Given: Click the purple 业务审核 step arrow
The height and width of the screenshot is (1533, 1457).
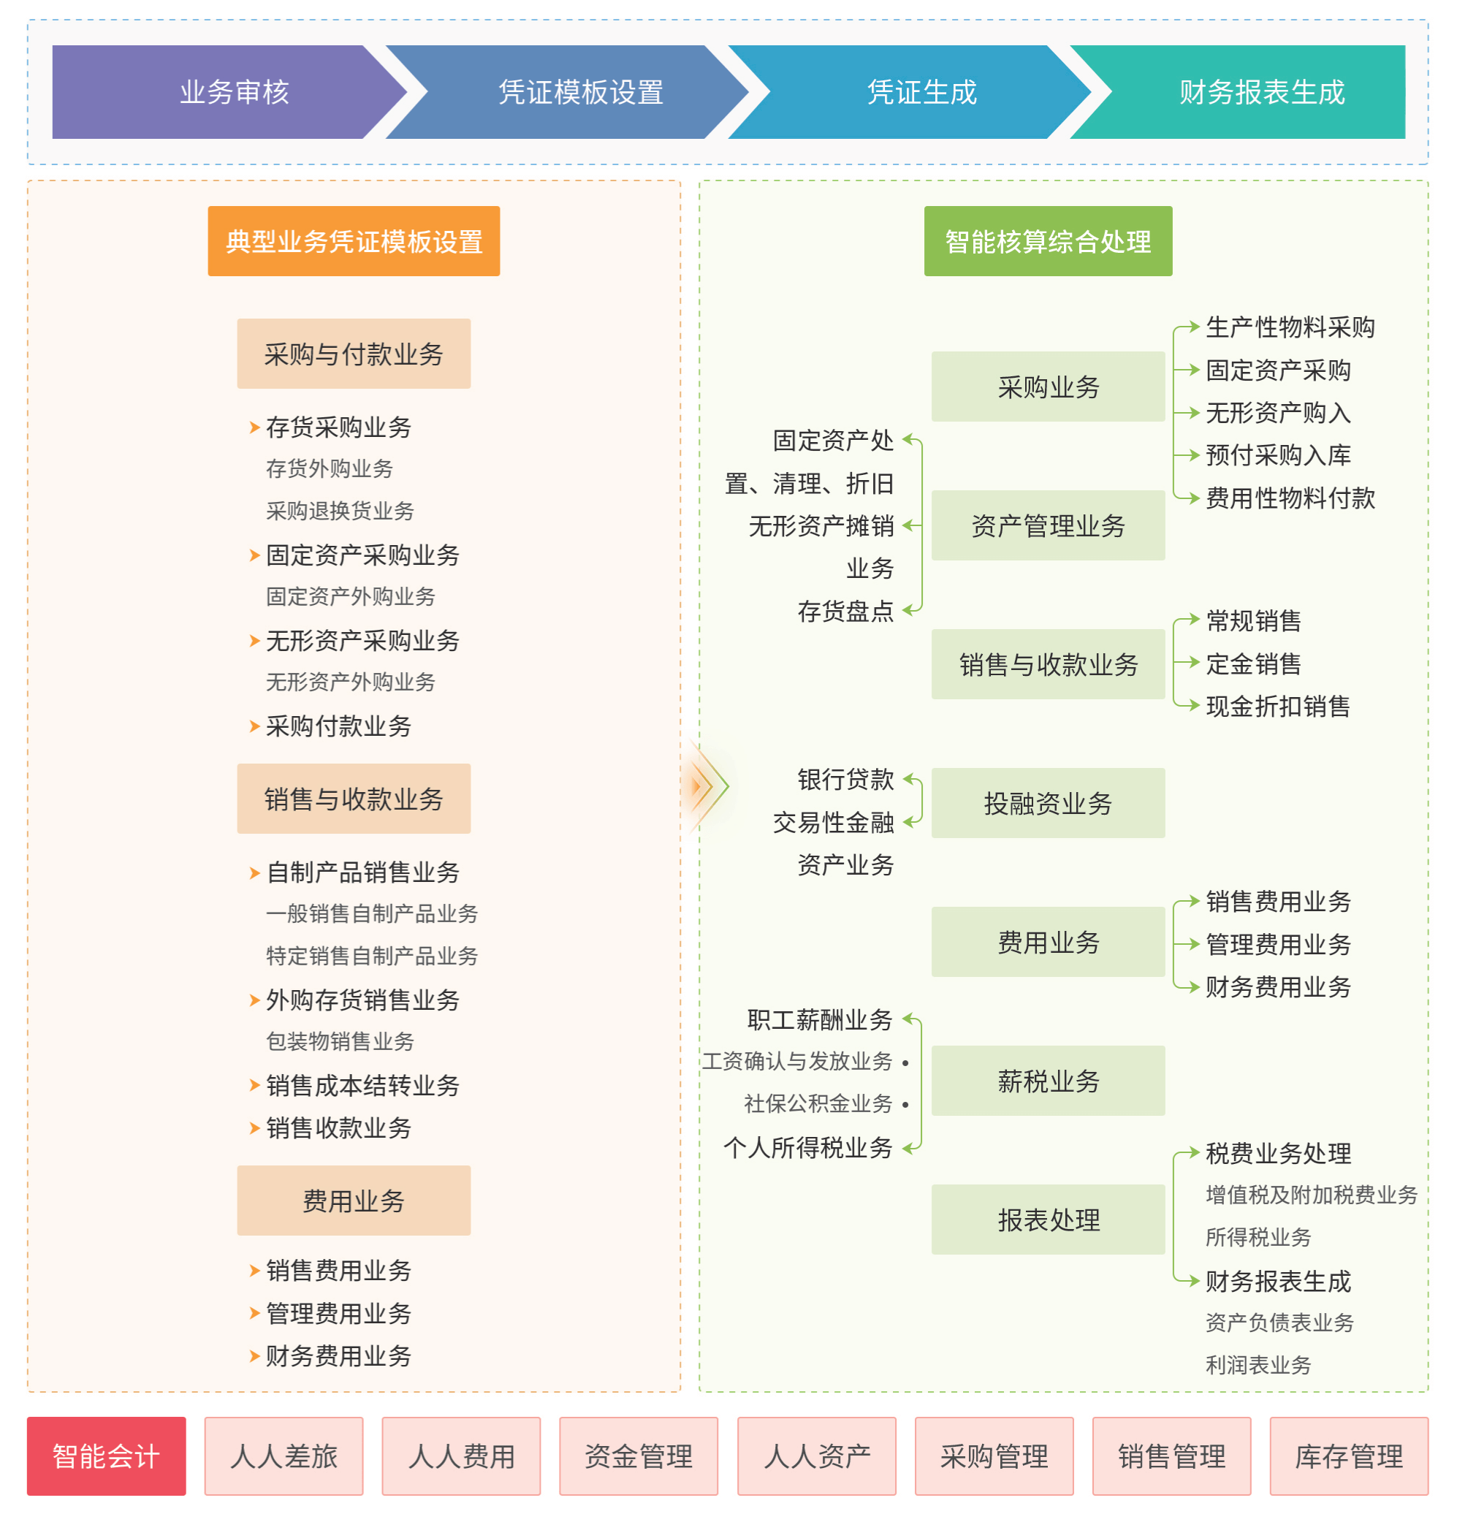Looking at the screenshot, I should (x=225, y=91).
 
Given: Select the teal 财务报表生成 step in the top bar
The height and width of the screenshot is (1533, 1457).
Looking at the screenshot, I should (x=1250, y=91).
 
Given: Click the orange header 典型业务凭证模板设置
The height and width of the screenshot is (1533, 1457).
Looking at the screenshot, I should (x=354, y=240).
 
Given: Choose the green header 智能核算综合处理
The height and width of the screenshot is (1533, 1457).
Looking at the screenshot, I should (x=1048, y=240).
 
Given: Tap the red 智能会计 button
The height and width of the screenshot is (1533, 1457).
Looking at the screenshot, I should (x=107, y=1456).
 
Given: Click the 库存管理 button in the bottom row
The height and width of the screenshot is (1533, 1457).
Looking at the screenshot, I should (x=1348, y=1456).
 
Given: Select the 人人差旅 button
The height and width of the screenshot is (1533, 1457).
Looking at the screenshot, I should (x=284, y=1456).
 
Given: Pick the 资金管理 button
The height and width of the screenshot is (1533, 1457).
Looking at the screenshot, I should (x=639, y=1456).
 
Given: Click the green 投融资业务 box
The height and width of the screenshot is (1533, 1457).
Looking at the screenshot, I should (x=1048, y=803).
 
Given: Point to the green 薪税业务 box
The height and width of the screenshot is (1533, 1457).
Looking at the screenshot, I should (x=1048, y=1080).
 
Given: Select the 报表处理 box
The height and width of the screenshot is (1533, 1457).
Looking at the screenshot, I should (x=1048, y=1220).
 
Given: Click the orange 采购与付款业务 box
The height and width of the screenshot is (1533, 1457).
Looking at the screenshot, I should (x=354, y=354).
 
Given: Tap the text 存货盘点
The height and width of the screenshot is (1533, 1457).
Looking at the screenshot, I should (x=845, y=611).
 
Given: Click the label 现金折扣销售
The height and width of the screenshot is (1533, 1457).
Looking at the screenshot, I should (x=1277, y=706).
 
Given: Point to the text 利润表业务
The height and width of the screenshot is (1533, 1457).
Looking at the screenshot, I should (x=1258, y=1364).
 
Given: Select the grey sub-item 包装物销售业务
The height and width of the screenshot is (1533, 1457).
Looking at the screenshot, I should (x=341, y=1041).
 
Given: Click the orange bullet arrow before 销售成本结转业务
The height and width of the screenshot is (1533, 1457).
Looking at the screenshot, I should (x=254, y=1085).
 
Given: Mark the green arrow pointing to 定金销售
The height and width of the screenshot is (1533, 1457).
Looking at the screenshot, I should (x=1188, y=663).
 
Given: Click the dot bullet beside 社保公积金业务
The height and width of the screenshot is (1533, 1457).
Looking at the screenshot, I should (x=905, y=1104).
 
